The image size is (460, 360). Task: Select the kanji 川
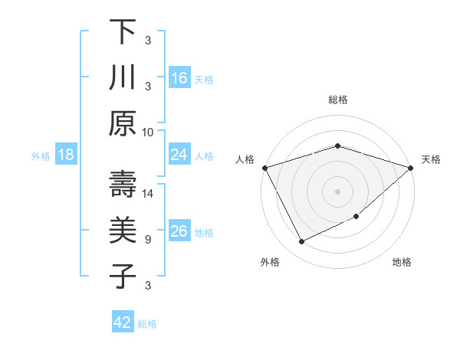point(123,78)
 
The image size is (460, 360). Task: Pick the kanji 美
point(123,230)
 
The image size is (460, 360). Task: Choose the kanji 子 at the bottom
point(123,276)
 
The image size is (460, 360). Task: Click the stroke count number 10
point(148,132)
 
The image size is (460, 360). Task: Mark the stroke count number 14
point(148,193)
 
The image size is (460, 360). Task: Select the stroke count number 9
point(148,239)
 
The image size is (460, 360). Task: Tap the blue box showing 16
point(179,78)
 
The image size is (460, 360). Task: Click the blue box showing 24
point(179,155)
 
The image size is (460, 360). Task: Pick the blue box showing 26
point(179,232)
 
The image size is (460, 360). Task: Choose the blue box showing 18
point(66,155)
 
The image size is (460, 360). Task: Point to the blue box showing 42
point(122,322)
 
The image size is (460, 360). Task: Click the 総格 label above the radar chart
point(337,100)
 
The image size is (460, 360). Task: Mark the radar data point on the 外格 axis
point(301,242)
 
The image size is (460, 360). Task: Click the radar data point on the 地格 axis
point(356,217)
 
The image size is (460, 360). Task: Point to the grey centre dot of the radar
point(337,191)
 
